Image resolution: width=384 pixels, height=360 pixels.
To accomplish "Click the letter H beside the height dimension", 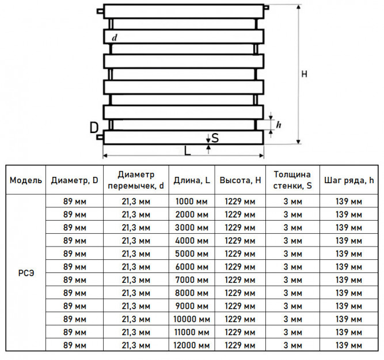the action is (x=304, y=74).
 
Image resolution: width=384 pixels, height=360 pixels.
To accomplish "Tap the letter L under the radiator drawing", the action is (x=187, y=151).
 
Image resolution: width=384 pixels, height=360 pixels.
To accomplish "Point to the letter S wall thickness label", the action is (x=215, y=138).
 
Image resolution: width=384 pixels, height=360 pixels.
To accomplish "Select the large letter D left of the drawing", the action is (x=94, y=128).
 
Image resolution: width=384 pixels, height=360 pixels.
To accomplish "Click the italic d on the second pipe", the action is (x=115, y=37).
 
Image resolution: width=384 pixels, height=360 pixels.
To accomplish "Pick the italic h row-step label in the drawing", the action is (x=279, y=125).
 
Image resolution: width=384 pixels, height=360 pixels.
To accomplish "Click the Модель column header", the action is (x=26, y=180).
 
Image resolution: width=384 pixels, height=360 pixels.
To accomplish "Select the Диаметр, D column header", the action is (x=74, y=180).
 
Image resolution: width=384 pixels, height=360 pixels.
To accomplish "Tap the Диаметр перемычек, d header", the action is (x=136, y=180).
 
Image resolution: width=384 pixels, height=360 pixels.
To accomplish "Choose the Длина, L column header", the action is (x=192, y=180).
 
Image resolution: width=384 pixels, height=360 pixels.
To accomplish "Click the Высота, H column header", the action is (x=240, y=180).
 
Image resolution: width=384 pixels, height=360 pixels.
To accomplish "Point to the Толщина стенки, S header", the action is (x=292, y=180).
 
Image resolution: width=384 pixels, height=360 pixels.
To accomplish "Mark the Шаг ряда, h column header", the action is (x=349, y=181).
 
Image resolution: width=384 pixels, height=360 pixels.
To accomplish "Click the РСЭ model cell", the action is (x=26, y=273).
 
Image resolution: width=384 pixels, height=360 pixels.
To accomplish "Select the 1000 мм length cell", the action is (x=192, y=202).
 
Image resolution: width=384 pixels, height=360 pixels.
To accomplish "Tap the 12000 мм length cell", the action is (x=192, y=345).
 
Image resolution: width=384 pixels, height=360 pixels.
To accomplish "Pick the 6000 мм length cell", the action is (x=192, y=267).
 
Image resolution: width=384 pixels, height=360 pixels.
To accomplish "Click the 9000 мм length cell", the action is (x=192, y=306).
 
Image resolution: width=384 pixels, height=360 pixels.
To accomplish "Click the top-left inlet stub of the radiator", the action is (x=100, y=11).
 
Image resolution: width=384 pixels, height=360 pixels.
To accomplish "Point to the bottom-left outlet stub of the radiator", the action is (x=100, y=137).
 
